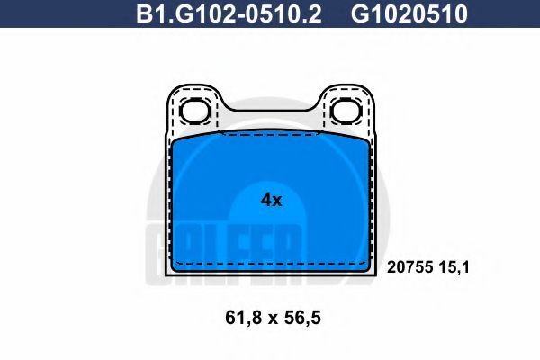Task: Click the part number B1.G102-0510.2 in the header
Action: (229, 13)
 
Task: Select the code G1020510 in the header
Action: (409, 13)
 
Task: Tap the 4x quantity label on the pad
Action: (272, 200)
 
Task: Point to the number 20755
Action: (409, 267)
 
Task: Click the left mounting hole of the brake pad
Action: (195, 111)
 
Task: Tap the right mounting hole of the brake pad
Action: (346, 111)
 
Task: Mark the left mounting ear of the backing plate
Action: (195, 109)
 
